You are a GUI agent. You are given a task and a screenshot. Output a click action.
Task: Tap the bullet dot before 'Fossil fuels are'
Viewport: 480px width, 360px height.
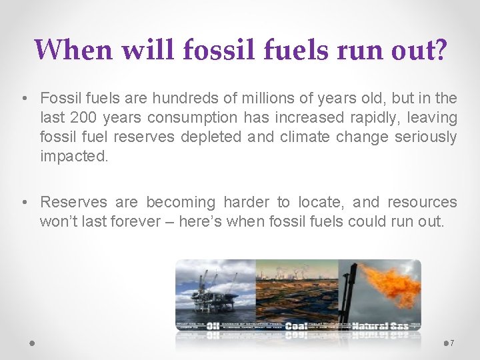tap(23, 99)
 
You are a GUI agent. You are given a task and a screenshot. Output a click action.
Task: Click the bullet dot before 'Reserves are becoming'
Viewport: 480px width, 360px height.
tap(23, 203)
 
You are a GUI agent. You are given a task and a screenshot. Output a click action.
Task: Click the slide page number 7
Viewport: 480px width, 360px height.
tap(452, 343)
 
